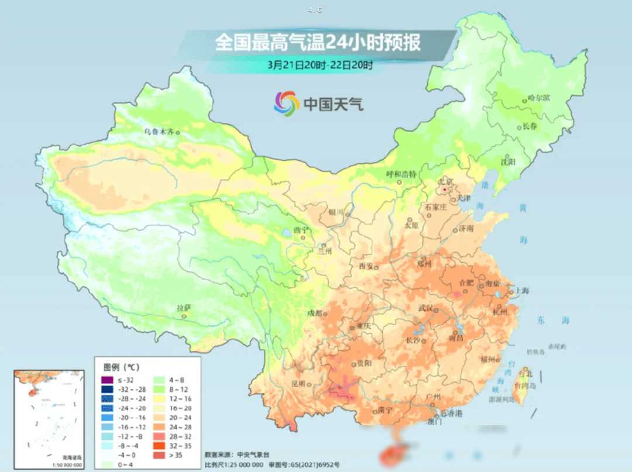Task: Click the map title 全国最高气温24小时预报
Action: [x=317, y=43]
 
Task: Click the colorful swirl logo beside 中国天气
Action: [x=286, y=104]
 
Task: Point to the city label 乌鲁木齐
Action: [x=159, y=132]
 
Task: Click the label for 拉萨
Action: [x=184, y=308]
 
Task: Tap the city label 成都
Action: [x=314, y=313]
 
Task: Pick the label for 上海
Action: [x=520, y=291]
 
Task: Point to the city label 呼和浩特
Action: [x=401, y=174]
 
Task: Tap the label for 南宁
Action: [x=369, y=409]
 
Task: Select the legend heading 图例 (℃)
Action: [x=121, y=367]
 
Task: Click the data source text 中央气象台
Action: [x=252, y=454]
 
